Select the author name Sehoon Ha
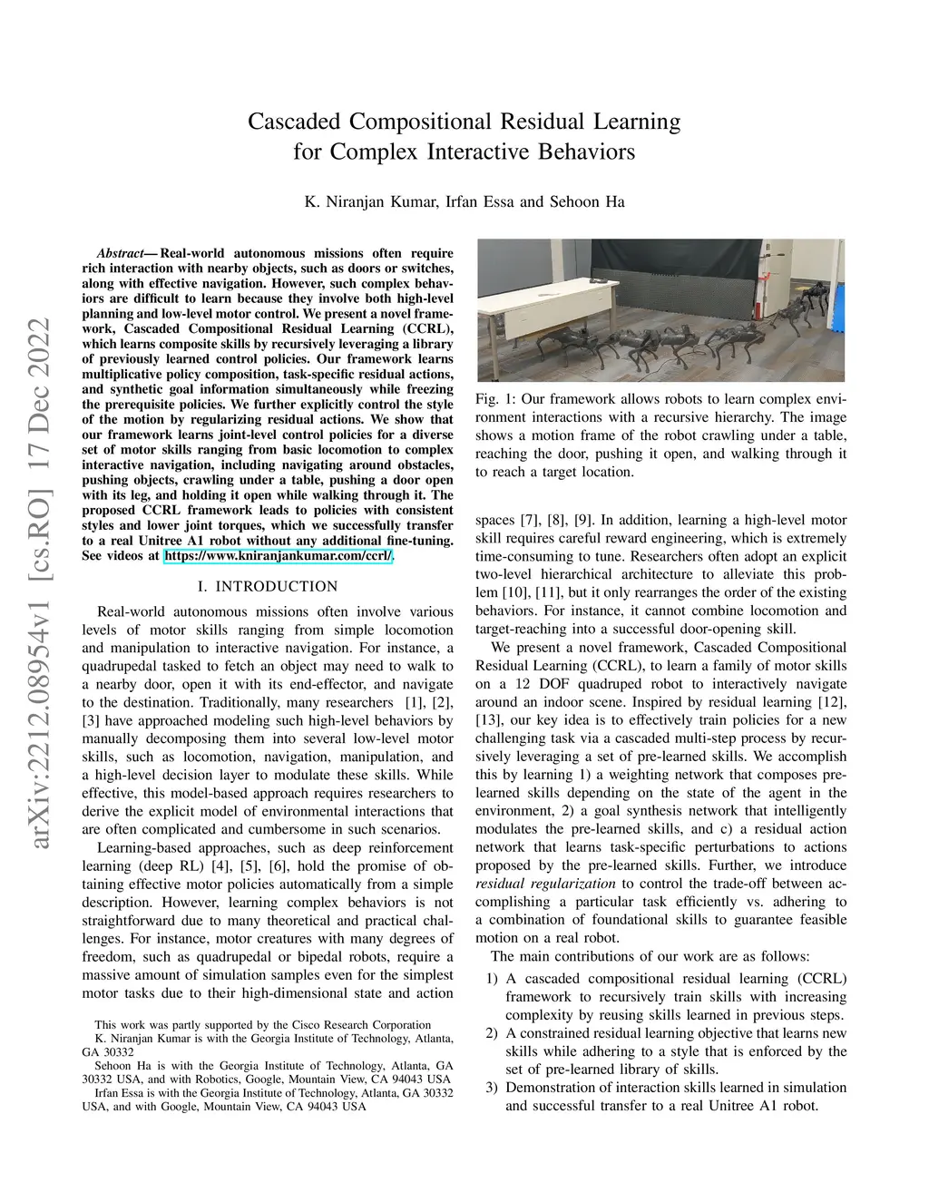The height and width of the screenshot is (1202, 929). click(587, 201)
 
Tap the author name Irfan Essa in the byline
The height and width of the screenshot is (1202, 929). click(480, 201)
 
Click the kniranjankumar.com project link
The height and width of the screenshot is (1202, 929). click(279, 555)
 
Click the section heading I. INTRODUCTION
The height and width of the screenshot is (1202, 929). click(268, 586)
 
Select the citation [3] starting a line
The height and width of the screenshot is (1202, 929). click(91, 720)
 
